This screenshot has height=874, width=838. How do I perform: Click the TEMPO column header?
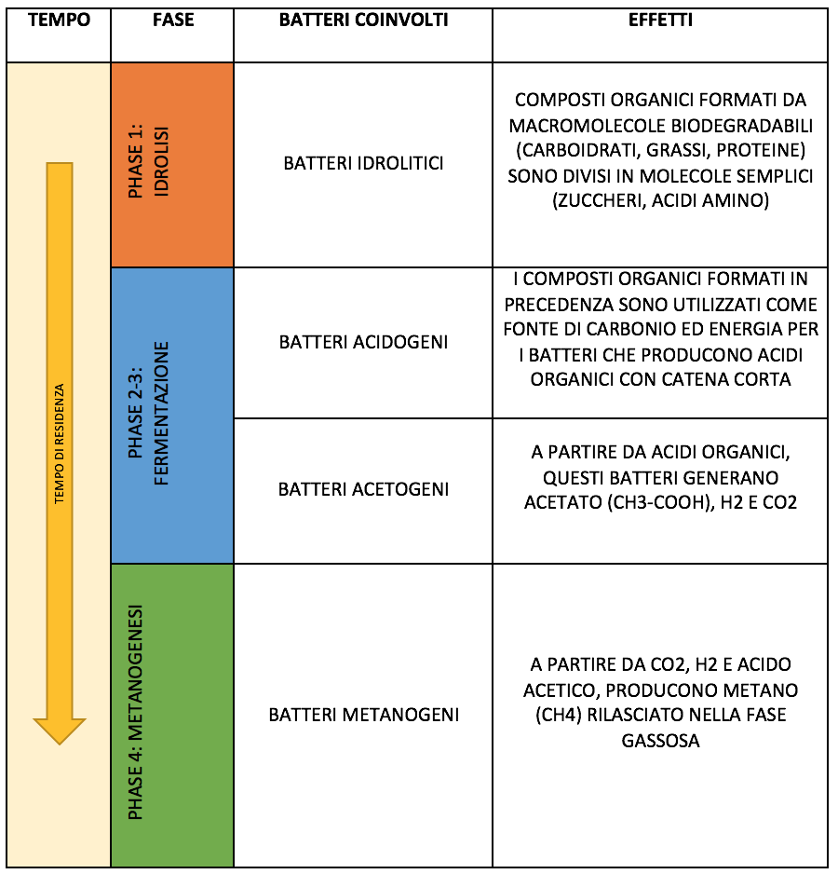[x=59, y=20]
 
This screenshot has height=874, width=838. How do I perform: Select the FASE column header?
[x=173, y=20]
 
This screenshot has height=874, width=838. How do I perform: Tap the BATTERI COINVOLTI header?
[x=364, y=20]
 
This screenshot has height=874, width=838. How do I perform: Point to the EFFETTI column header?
[x=660, y=20]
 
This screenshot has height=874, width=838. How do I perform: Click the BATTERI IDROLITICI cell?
[x=364, y=163]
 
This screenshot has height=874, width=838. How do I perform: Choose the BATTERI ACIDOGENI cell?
[x=364, y=342]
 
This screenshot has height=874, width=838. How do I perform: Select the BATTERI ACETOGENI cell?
[x=364, y=489]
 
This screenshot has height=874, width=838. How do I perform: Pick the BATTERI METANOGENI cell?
[x=364, y=715]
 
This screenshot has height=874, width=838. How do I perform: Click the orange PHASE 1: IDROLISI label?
[x=148, y=161]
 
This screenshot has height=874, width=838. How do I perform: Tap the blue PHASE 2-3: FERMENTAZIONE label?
[x=148, y=414]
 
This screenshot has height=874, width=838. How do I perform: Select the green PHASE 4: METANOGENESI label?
[x=136, y=713]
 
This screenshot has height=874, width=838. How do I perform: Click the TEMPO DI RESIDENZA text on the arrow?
[x=59, y=444]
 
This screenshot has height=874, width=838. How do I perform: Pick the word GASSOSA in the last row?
[x=660, y=741]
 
